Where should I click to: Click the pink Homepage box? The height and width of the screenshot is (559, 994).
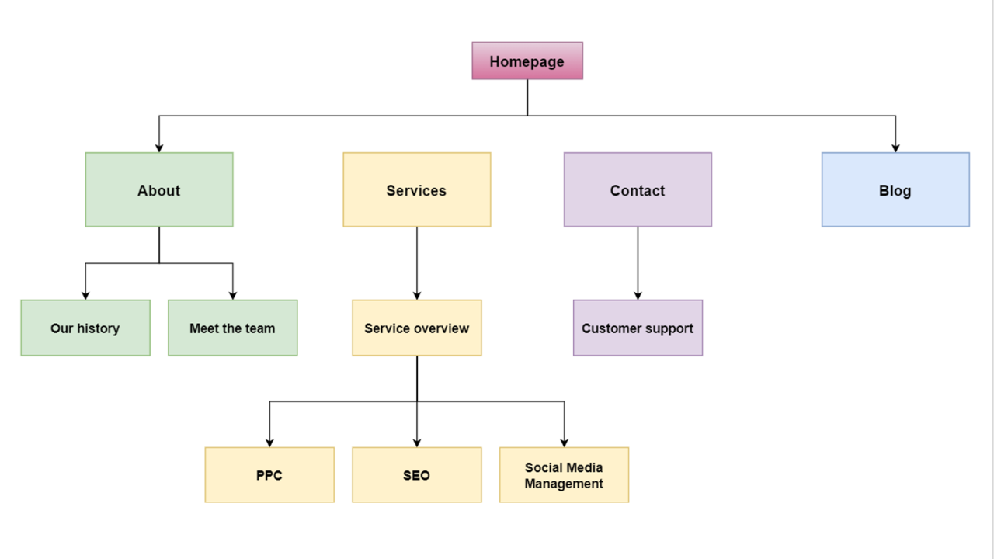[527, 61]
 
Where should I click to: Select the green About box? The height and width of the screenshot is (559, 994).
[159, 189]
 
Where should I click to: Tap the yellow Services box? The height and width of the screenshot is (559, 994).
[416, 189]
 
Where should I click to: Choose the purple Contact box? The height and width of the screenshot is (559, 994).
[638, 189]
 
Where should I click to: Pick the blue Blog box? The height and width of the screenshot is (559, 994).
[895, 189]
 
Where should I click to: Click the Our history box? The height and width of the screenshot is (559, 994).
[85, 328]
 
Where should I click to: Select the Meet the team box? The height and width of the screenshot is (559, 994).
[232, 328]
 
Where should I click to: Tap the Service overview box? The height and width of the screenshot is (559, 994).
[416, 328]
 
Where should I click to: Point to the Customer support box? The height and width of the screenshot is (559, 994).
[638, 328]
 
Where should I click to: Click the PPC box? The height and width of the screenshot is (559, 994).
[269, 474]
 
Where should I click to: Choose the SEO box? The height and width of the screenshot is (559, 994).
[416, 474]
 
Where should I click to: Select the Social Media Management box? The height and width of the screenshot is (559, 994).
[564, 474]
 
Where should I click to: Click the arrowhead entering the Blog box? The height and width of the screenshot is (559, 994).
[895, 148]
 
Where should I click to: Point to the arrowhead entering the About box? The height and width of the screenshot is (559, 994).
[159, 148]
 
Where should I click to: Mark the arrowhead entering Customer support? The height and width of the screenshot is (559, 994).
[638, 295]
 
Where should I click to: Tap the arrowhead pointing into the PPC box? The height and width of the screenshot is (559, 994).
[269, 442]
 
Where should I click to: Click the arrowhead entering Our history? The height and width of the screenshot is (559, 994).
[85, 295]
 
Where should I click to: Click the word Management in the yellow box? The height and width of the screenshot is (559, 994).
[564, 484]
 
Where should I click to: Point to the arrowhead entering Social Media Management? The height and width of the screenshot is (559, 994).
[564, 442]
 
